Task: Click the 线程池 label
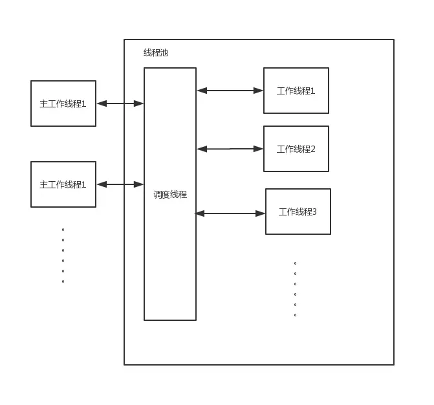pos(156,53)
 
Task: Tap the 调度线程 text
pos(170,194)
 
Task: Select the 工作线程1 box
pos(296,91)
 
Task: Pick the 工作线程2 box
pos(296,149)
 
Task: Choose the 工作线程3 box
pos(298,212)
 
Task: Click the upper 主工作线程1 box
pos(63,104)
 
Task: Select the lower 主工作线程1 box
pos(63,184)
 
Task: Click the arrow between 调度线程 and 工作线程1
pos(230,91)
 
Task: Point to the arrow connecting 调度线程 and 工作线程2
pos(230,149)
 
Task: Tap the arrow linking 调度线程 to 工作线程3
pos(230,213)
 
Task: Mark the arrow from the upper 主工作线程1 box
pos(120,104)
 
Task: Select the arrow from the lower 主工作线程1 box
pos(120,184)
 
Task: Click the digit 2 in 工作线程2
pos(313,149)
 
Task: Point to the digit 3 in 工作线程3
pos(314,212)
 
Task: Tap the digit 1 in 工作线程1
pos(313,91)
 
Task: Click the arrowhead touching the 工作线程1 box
pos(259,91)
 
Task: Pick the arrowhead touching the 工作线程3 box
pos(261,213)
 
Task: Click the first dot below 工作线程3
pos(296,263)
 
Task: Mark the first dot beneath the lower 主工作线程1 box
pos(63,230)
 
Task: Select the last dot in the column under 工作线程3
pos(296,315)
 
